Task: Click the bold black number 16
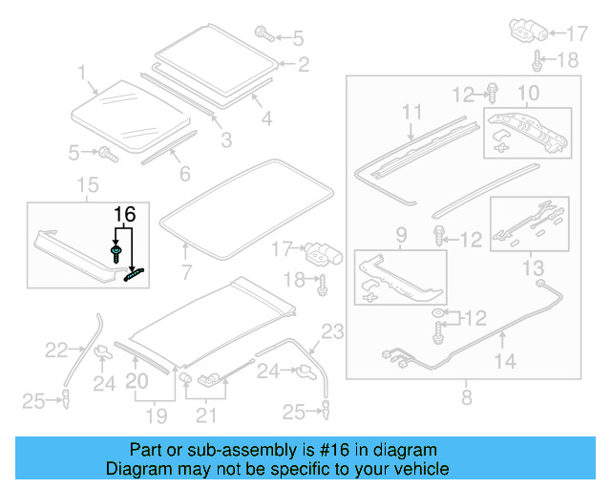point(125,214)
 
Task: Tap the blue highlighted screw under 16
point(116,252)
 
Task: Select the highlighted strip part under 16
point(136,273)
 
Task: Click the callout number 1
point(82,72)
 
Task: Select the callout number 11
point(411,113)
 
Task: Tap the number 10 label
point(528,93)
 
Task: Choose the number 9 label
point(400,234)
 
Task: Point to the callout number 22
point(57,351)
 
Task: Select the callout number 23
point(331,332)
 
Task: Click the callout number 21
point(205,415)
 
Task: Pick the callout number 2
point(303,65)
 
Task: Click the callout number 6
point(184,174)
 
